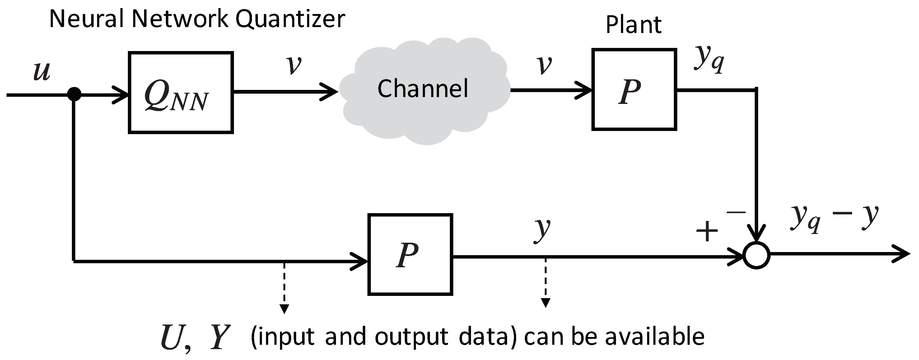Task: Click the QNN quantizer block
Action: [x=180, y=93]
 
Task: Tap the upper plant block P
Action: [x=634, y=90]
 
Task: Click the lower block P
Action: [x=410, y=255]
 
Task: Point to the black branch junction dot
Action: [x=74, y=94]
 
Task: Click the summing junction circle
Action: [x=756, y=255]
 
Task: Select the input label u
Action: [x=42, y=71]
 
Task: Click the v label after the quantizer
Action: [x=294, y=65]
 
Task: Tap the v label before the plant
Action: [x=544, y=65]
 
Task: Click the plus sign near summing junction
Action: [x=707, y=231]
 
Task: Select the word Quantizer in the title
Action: [x=290, y=19]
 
